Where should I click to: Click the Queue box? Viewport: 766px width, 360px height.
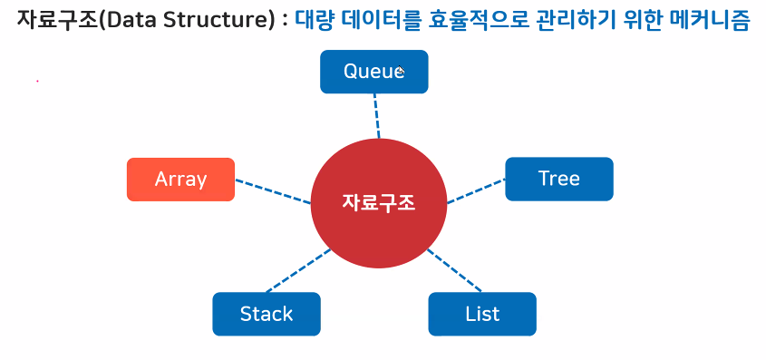pyautogui.click(x=374, y=72)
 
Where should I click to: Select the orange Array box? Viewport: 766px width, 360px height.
pyautogui.click(x=180, y=180)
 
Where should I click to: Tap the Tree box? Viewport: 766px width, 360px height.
pyautogui.click(x=559, y=179)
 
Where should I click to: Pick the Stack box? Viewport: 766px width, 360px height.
pyautogui.click(x=267, y=314)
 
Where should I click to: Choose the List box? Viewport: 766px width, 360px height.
pyautogui.click(x=482, y=314)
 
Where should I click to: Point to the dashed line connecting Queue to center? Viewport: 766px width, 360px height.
pyautogui.click(x=376, y=116)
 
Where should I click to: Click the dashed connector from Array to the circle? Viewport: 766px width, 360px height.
pyautogui.click(x=273, y=191)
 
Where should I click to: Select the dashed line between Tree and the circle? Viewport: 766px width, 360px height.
pyautogui.click(x=476, y=191)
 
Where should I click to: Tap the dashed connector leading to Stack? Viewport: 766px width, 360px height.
pyautogui.click(x=298, y=271)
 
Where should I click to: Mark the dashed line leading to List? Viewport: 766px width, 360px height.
pyautogui.click(x=454, y=271)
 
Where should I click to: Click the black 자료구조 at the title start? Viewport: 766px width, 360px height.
pyautogui.click(x=57, y=20)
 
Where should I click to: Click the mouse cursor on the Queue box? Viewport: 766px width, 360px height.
pyautogui.click(x=401, y=71)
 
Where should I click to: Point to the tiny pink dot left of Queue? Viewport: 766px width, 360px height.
pyautogui.click(x=37, y=81)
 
